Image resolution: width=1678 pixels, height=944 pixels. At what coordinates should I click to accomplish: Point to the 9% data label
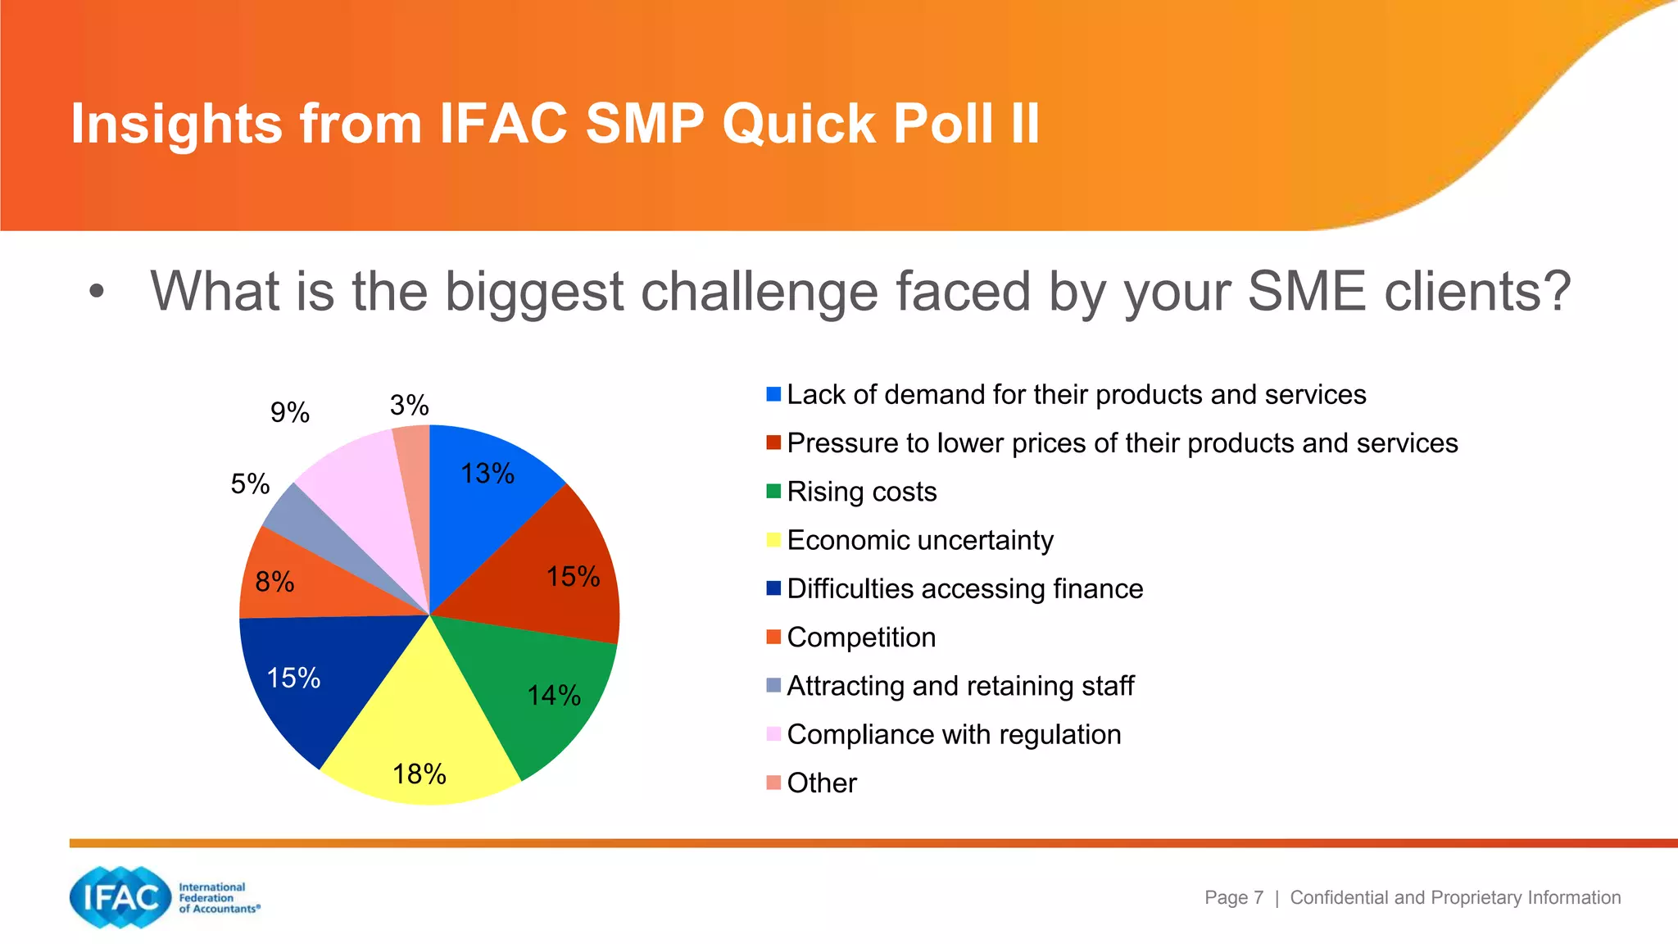pyautogui.click(x=290, y=412)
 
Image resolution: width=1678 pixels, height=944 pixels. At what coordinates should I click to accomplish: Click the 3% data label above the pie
pyautogui.click(x=409, y=406)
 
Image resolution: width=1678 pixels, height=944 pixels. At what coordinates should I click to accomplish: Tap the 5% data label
pyautogui.click(x=250, y=484)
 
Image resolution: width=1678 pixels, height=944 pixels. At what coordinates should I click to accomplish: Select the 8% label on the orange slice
pyautogui.click(x=274, y=582)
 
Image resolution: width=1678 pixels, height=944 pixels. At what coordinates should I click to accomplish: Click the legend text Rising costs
pyautogui.click(x=861, y=492)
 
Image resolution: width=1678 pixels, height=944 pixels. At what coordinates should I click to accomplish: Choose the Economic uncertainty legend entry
pyautogui.click(x=919, y=541)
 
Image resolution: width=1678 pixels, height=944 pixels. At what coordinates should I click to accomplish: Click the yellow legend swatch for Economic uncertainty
pyautogui.click(x=773, y=540)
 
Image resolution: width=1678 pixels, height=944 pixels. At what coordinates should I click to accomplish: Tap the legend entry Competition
pyautogui.click(x=860, y=638)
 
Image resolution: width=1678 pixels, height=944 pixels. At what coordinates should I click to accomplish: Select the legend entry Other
pyautogui.click(x=821, y=783)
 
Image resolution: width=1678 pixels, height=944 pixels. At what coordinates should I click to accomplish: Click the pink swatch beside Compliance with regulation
pyautogui.click(x=773, y=734)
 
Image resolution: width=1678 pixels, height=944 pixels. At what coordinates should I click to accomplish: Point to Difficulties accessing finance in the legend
pyautogui.click(x=964, y=589)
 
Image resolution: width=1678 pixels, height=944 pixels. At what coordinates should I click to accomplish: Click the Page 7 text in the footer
pyautogui.click(x=1233, y=898)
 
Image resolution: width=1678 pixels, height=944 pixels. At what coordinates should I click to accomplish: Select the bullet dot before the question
pyautogui.click(x=97, y=292)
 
